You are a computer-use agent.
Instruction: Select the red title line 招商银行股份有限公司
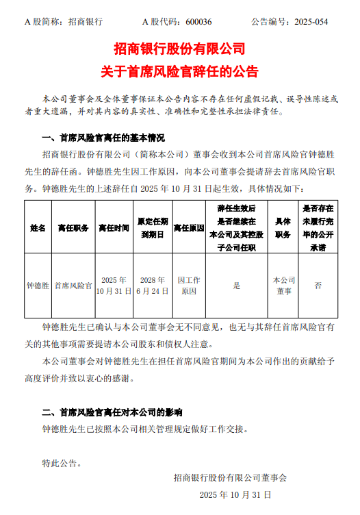179,49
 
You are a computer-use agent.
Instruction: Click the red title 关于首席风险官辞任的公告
179,71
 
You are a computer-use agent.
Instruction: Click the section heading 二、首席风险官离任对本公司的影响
112,413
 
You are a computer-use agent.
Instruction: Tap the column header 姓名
38,227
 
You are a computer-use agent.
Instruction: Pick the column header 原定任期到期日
152,227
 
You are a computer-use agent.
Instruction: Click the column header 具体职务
283,227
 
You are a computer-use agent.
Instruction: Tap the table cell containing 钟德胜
38,286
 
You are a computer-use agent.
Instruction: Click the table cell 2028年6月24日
152,286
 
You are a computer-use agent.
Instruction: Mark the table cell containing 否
318,286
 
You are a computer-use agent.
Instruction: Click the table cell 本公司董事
283,286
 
